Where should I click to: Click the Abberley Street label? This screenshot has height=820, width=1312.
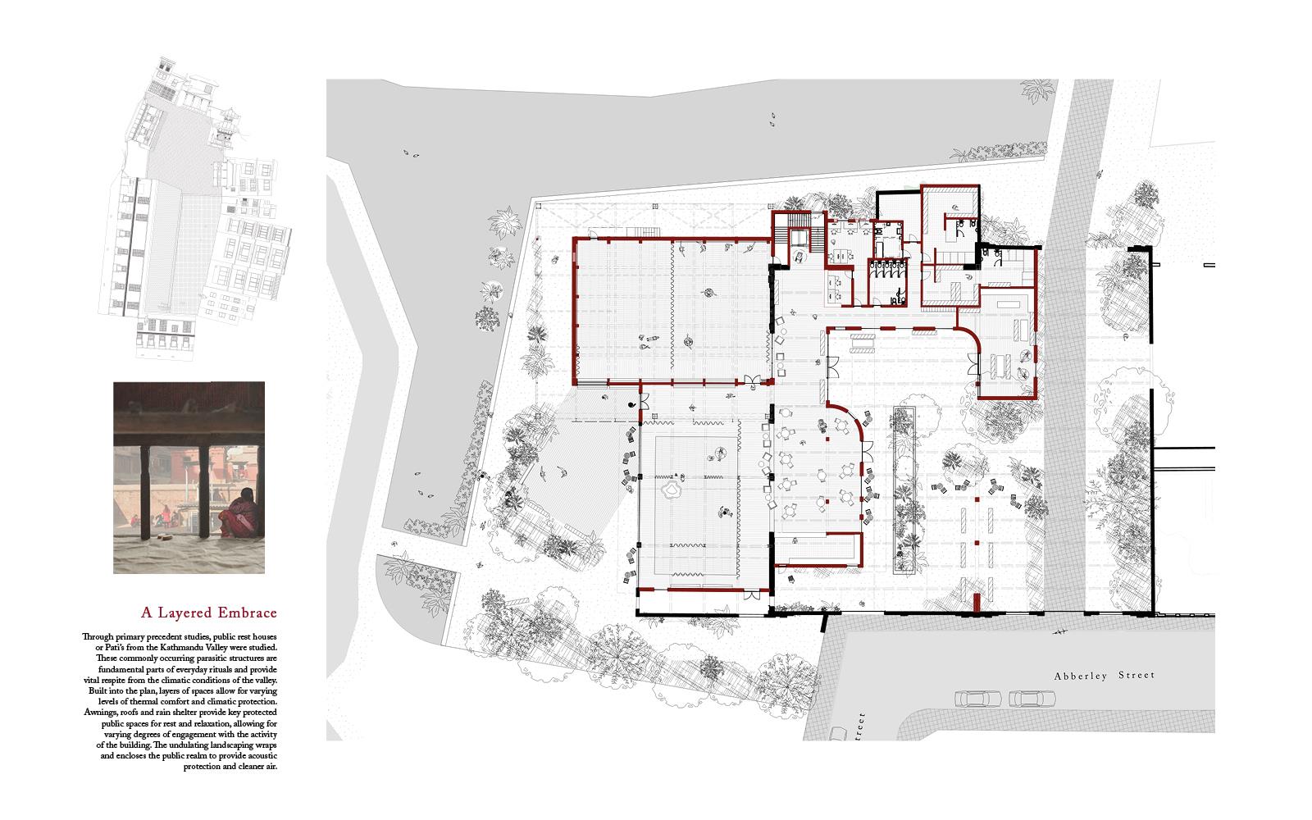(x=1104, y=676)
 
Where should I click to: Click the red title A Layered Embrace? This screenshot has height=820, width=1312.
(x=209, y=613)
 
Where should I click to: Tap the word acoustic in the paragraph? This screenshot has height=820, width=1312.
(x=259, y=755)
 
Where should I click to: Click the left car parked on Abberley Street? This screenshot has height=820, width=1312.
(x=978, y=699)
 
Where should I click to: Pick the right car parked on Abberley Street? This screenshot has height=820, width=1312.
(x=1032, y=699)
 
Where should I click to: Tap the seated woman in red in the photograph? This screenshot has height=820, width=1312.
(x=238, y=513)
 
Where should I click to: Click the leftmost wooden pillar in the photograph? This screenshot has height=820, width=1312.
(x=144, y=492)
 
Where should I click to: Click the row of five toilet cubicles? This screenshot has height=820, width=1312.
(x=889, y=269)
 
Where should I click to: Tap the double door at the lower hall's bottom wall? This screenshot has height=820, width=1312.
(x=751, y=595)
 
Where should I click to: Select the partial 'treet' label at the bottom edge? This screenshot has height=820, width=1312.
(x=860, y=727)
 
